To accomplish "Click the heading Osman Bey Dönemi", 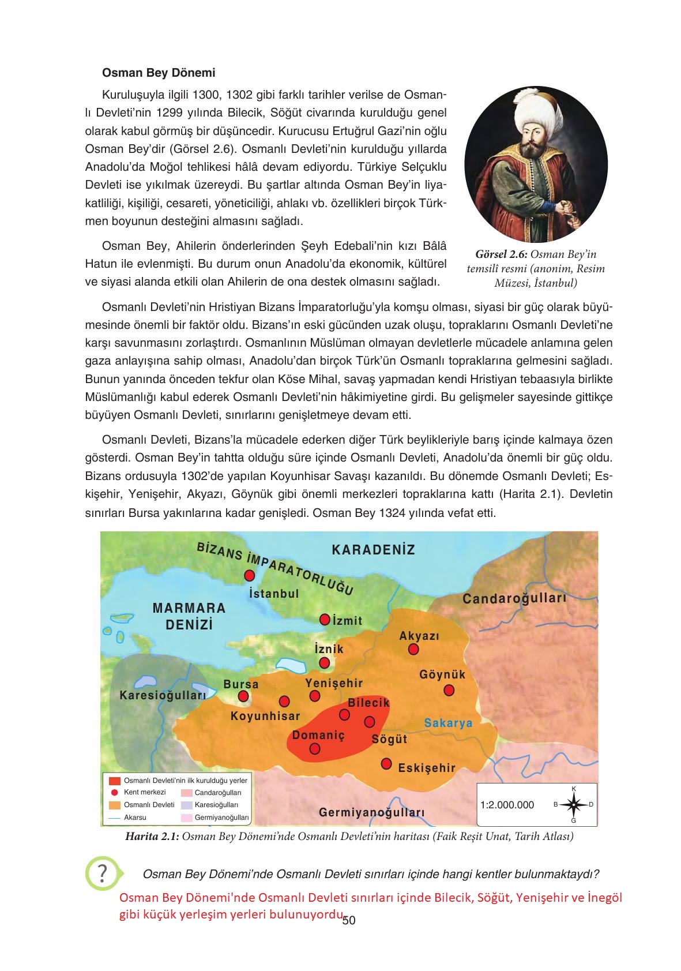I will coord(158,73).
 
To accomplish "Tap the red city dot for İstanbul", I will coord(249,575).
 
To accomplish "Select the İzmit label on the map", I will coord(347,621).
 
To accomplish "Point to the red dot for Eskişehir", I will coord(386,764).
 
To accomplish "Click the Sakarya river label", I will coord(448,723).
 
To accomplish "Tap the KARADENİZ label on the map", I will coord(373,549).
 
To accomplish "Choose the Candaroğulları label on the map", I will coord(514,598).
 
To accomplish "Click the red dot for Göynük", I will coord(449,690).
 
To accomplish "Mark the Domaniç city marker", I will coord(315,748).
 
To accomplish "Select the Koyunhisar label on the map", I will coord(265,716).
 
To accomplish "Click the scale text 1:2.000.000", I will coord(507,805).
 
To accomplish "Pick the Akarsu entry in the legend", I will coord(135,817).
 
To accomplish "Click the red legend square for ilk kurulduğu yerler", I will coord(114,781).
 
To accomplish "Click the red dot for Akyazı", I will coord(413,650).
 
